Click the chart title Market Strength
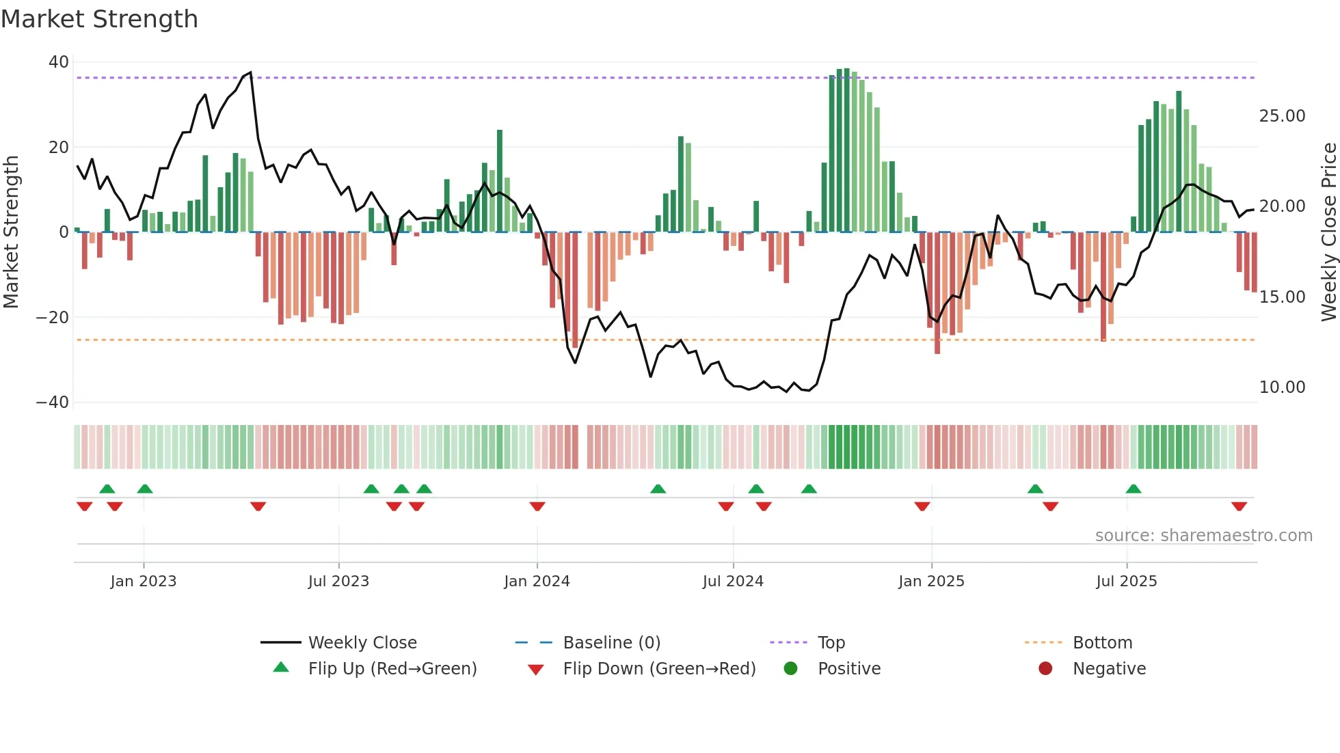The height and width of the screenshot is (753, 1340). pyautogui.click(x=99, y=19)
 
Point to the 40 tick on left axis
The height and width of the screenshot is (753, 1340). pyautogui.click(x=59, y=62)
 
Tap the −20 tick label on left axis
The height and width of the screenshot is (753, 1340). pyautogui.click(x=53, y=318)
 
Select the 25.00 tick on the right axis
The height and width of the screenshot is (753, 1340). pyautogui.click(x=1282, y=116)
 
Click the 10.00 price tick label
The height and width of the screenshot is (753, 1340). pyautogui.click(x=1282, y=387)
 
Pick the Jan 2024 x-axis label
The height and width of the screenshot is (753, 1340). pyautogui.click(x=537, y=581)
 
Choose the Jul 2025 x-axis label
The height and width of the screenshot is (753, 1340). pyautogui.click(x=1126, y=581)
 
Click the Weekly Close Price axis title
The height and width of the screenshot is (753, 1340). pyautogui.click(x=1328, y=232)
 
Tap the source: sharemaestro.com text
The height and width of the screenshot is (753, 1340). pyautogui.click(x=1203, y=536)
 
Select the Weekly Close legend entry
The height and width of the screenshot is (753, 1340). pyautogui.click(x=362, y=643)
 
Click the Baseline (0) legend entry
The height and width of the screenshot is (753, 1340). pyautogui.click(x=611, y=643)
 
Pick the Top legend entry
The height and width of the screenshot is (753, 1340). pyautogui.click(x=831, y=643)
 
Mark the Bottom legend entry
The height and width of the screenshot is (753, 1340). pyautogui.click(x=1102, y=643)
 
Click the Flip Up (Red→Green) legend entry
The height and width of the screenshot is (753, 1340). pyautogui.click(x=392, y=669)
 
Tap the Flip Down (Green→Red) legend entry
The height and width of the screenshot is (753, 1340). pyautogui.click(x=658, y=669)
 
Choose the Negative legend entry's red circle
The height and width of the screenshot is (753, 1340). pyautogui.click(x=1045, y=669)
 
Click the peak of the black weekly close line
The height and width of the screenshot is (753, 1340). pyautogui.click(x=250, y=72)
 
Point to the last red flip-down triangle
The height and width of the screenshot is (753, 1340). pyautogui.click(x=1239, y=506)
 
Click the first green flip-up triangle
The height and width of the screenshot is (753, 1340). pyautogui.click(x=107, y=489)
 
